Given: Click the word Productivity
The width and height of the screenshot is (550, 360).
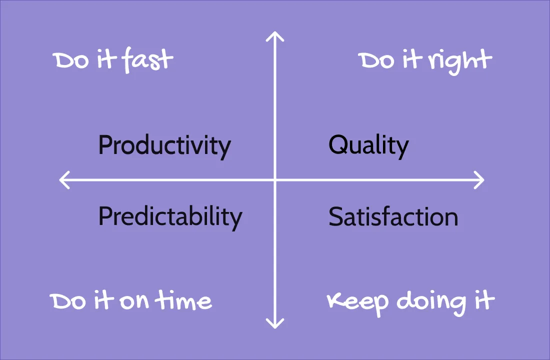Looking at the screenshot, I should (x=164, y=145).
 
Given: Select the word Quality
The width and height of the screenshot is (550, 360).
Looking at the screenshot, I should (x=368, y=145).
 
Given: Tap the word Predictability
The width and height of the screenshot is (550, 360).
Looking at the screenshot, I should (x=170, y=217).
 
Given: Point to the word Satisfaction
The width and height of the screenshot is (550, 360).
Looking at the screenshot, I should (x=393, y=217).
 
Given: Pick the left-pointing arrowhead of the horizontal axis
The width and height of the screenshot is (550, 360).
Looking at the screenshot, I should (x=62, y=180).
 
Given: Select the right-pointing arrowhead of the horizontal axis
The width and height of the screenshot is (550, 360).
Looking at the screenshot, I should (x=481, y=180).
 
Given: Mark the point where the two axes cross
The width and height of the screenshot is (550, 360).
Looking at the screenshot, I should (x=275, y=180).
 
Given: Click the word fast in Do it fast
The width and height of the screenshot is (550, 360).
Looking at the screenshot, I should (x=148, y=60).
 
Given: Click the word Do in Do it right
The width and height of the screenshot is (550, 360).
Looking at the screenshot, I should (x=375, y=61).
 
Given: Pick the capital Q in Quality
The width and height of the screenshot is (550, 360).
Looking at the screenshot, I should (x=337, y=145).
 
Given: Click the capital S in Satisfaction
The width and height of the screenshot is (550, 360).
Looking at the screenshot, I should (x=335, y=217).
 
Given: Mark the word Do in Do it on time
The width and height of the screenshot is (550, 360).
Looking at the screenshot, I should (x=66, y=302).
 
